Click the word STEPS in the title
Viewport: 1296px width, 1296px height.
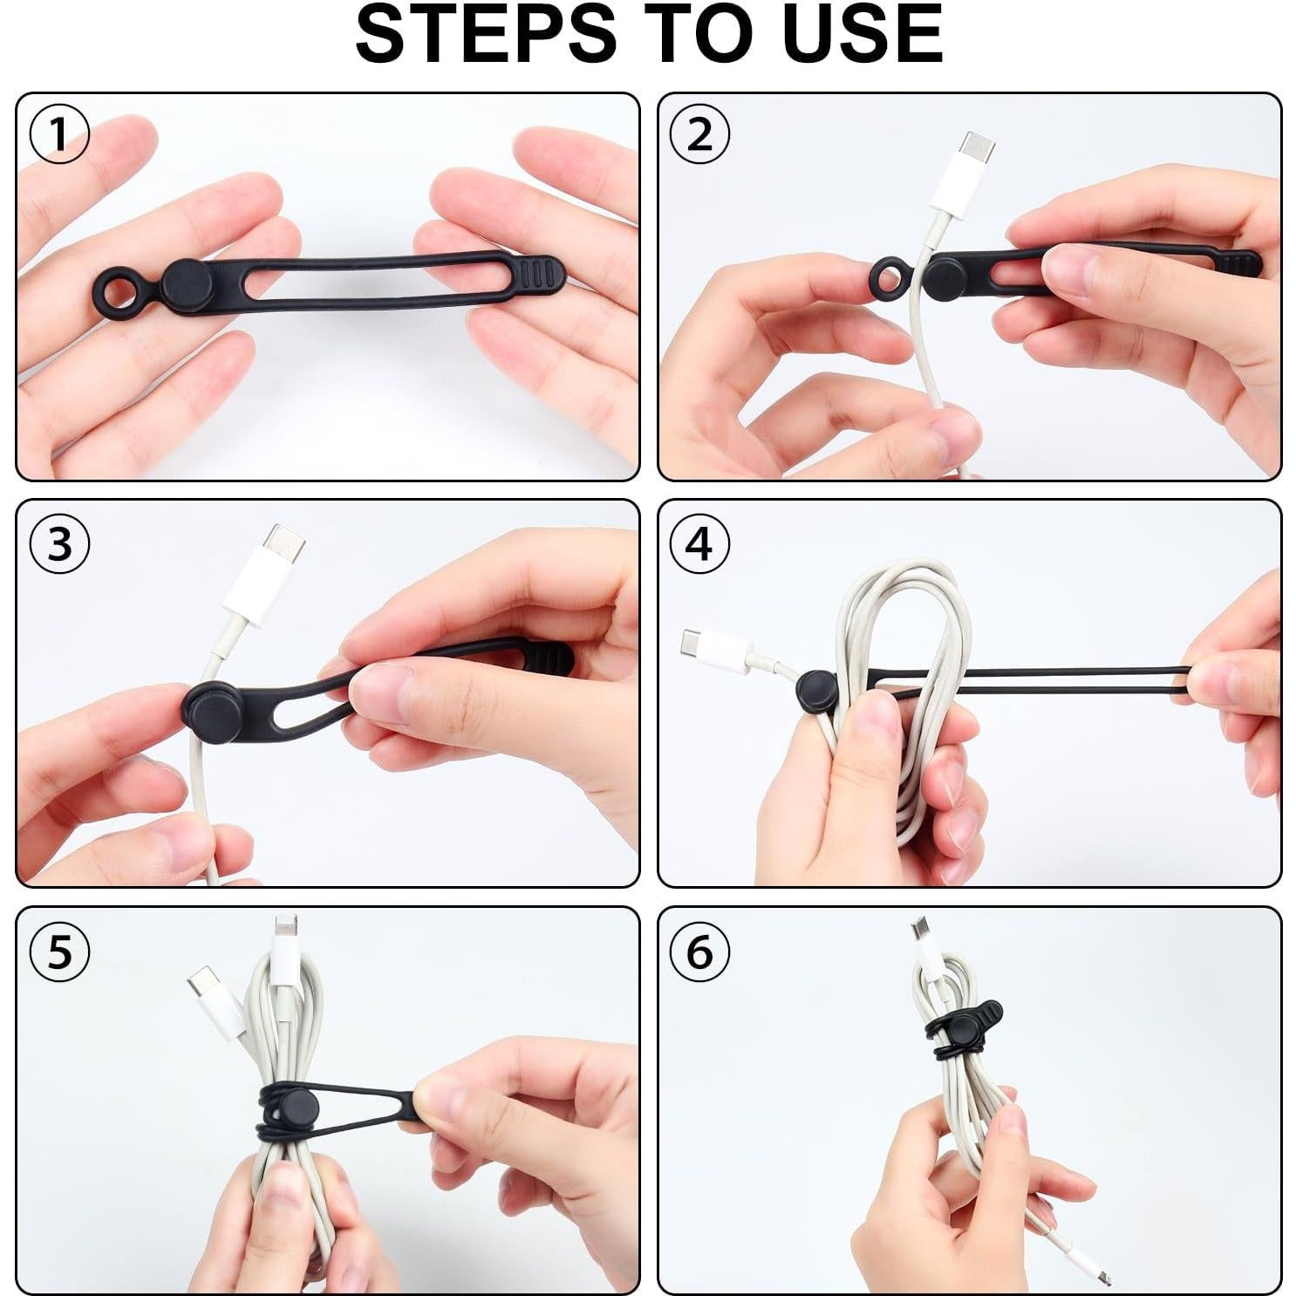coord(486,33)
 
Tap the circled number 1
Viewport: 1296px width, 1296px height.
coord(59,133)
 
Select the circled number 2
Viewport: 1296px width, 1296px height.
coord(699,133)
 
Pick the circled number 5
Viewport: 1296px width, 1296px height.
coord(59,951)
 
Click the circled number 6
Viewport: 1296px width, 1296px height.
coord(699,951)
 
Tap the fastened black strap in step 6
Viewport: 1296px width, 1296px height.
coord(964,1028)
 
